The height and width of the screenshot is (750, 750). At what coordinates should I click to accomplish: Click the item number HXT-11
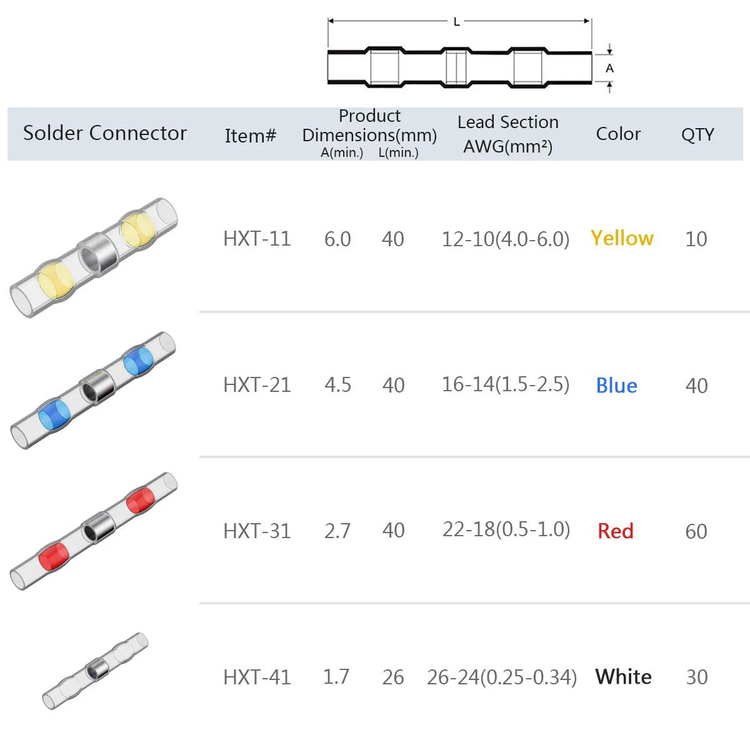(257, 239)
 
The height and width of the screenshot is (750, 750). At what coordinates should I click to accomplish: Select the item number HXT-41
(257, 677)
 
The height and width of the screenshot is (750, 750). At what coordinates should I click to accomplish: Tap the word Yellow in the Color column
(622, 238)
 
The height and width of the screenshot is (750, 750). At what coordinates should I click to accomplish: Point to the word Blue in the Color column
(616, 386)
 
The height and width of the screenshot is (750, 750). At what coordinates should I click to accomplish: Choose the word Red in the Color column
(616, 531)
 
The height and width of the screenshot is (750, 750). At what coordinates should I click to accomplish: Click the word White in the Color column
(624, 677)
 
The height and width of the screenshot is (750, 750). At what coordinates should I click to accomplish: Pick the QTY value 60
(696, 532)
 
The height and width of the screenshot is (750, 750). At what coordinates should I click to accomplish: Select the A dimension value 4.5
(338, 386)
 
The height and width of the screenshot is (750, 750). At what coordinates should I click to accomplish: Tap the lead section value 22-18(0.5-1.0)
(506, 530)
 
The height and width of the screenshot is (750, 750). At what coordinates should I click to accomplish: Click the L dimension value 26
(393, 677)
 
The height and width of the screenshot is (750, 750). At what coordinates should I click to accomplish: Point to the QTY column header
(698, 134)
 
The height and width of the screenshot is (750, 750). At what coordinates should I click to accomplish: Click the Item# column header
(251, 136)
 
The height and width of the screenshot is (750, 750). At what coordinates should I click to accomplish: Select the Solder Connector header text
(105, 133)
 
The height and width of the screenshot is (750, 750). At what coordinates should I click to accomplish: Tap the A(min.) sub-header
(342, 152)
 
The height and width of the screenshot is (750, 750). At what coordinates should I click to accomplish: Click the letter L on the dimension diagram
(457, 22)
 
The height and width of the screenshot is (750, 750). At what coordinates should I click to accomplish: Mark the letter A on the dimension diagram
(609, 69)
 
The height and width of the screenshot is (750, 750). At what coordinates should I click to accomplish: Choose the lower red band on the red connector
(54, 556)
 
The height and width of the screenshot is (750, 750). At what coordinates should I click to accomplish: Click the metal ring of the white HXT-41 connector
(97, 670)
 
